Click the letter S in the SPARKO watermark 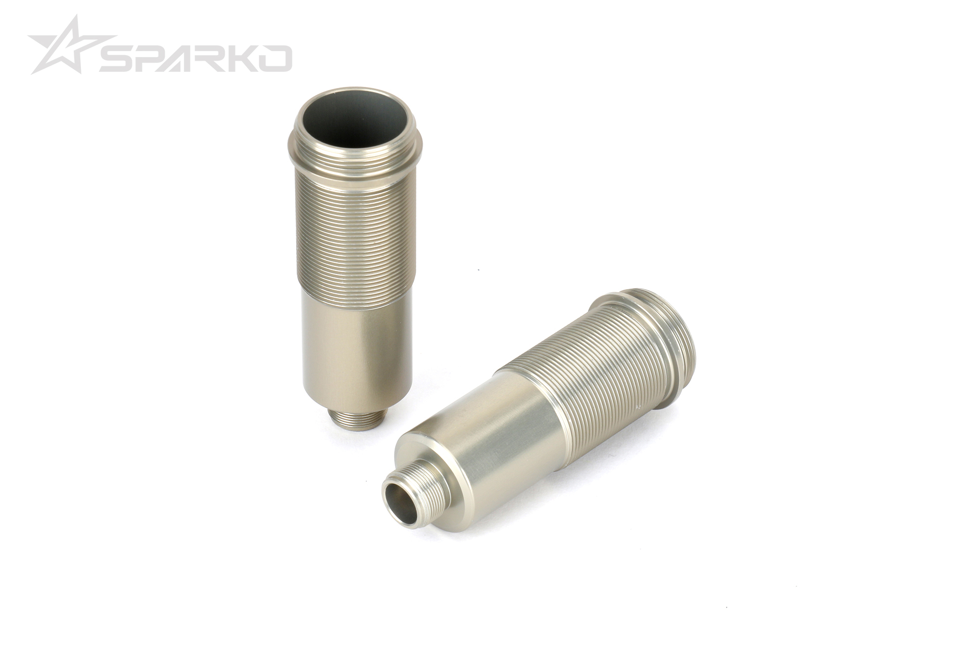(x=117, y=58)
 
